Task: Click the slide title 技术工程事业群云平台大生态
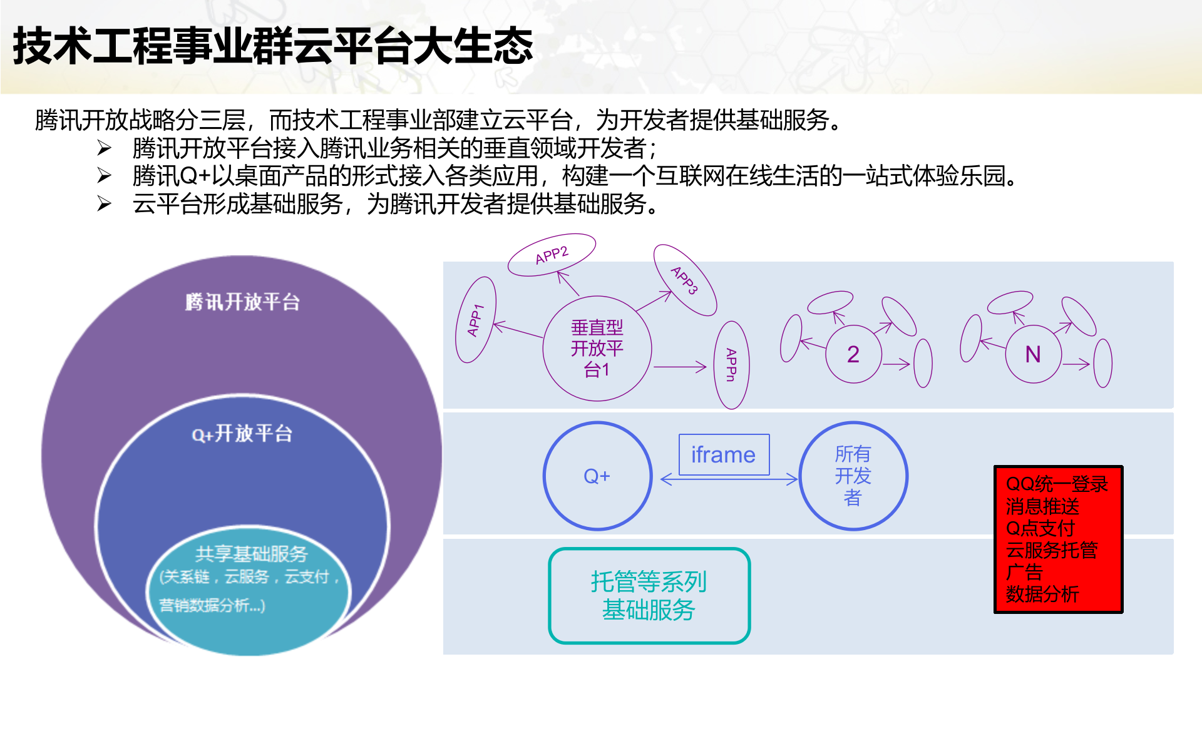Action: [273, 46]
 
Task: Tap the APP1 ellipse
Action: [476, 320]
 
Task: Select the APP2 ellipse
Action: [551, 255]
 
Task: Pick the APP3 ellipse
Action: [684, 280]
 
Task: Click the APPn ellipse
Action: [731, 365]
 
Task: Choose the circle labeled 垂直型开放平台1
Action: [597, 349]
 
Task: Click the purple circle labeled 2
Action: [853, 354]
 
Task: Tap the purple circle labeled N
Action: [1033, 354]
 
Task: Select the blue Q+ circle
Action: [597, 476]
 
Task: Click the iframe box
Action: [724, 454]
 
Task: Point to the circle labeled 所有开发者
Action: [853, 476]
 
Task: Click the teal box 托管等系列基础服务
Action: [649, 596]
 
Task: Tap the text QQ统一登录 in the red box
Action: [1057, 484]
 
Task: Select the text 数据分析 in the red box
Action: [1042, 594]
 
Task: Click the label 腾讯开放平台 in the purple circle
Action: [242, 302]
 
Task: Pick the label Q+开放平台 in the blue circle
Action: [242, 433]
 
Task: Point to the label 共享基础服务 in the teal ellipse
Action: [251, 554]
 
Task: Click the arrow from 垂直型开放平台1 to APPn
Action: [679, 367]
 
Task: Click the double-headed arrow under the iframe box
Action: [729, 479]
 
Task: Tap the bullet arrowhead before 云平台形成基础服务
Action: [105, 204]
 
